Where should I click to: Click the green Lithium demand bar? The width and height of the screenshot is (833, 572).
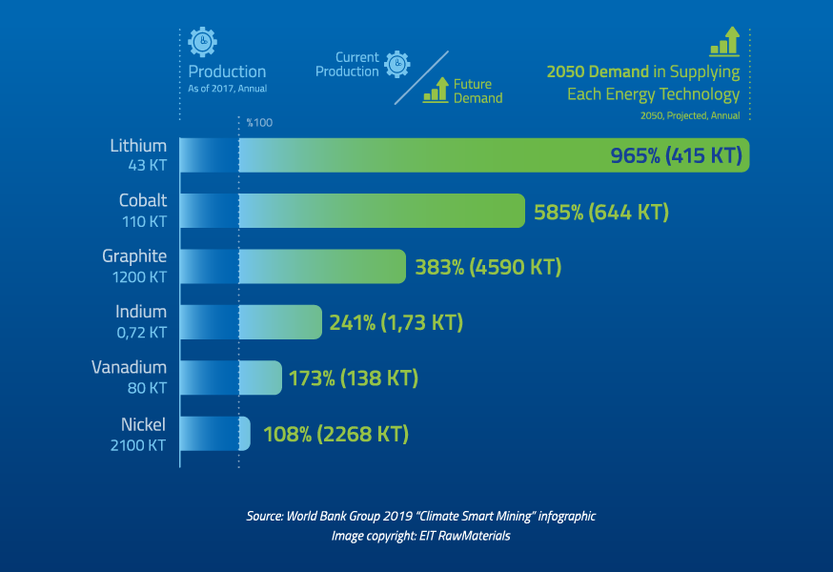click(x=494, y=155)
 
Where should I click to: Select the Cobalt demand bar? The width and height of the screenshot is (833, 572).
click(x=382, y=211)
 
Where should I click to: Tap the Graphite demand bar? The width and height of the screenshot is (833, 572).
click(x=322, y=266)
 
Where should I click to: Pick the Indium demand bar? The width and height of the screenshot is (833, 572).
click(x=280, y=322)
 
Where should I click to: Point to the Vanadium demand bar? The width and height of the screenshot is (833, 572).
click(x=260, y=378)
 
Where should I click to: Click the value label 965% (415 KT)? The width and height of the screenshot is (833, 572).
click(x=676, y=155)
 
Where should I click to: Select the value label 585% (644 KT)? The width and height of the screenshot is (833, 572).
click(x=600, y=212)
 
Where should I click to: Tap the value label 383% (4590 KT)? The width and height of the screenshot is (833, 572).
click(x=488, y=267)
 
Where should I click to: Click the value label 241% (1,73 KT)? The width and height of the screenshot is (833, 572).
click(x=396, y=322)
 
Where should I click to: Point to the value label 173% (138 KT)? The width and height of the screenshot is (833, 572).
click(x=354, y=378)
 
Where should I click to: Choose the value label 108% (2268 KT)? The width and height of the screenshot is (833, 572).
click(x=335, y=435)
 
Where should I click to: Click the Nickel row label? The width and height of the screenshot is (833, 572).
click(x=143, y=424)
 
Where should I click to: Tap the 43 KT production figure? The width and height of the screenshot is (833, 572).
click(x=147, y=165)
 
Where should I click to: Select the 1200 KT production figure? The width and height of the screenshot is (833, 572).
click(x=139, y=277)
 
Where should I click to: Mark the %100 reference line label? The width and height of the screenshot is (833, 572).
click(x=259, y=123)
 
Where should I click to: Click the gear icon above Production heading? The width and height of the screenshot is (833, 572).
click(x=202, y=42)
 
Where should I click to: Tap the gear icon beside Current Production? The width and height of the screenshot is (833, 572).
click(x=396, y=64)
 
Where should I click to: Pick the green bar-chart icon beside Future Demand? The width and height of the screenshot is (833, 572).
click(x=437, y=90)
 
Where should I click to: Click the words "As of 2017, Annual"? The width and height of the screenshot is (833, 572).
click(x=228, y=89)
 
